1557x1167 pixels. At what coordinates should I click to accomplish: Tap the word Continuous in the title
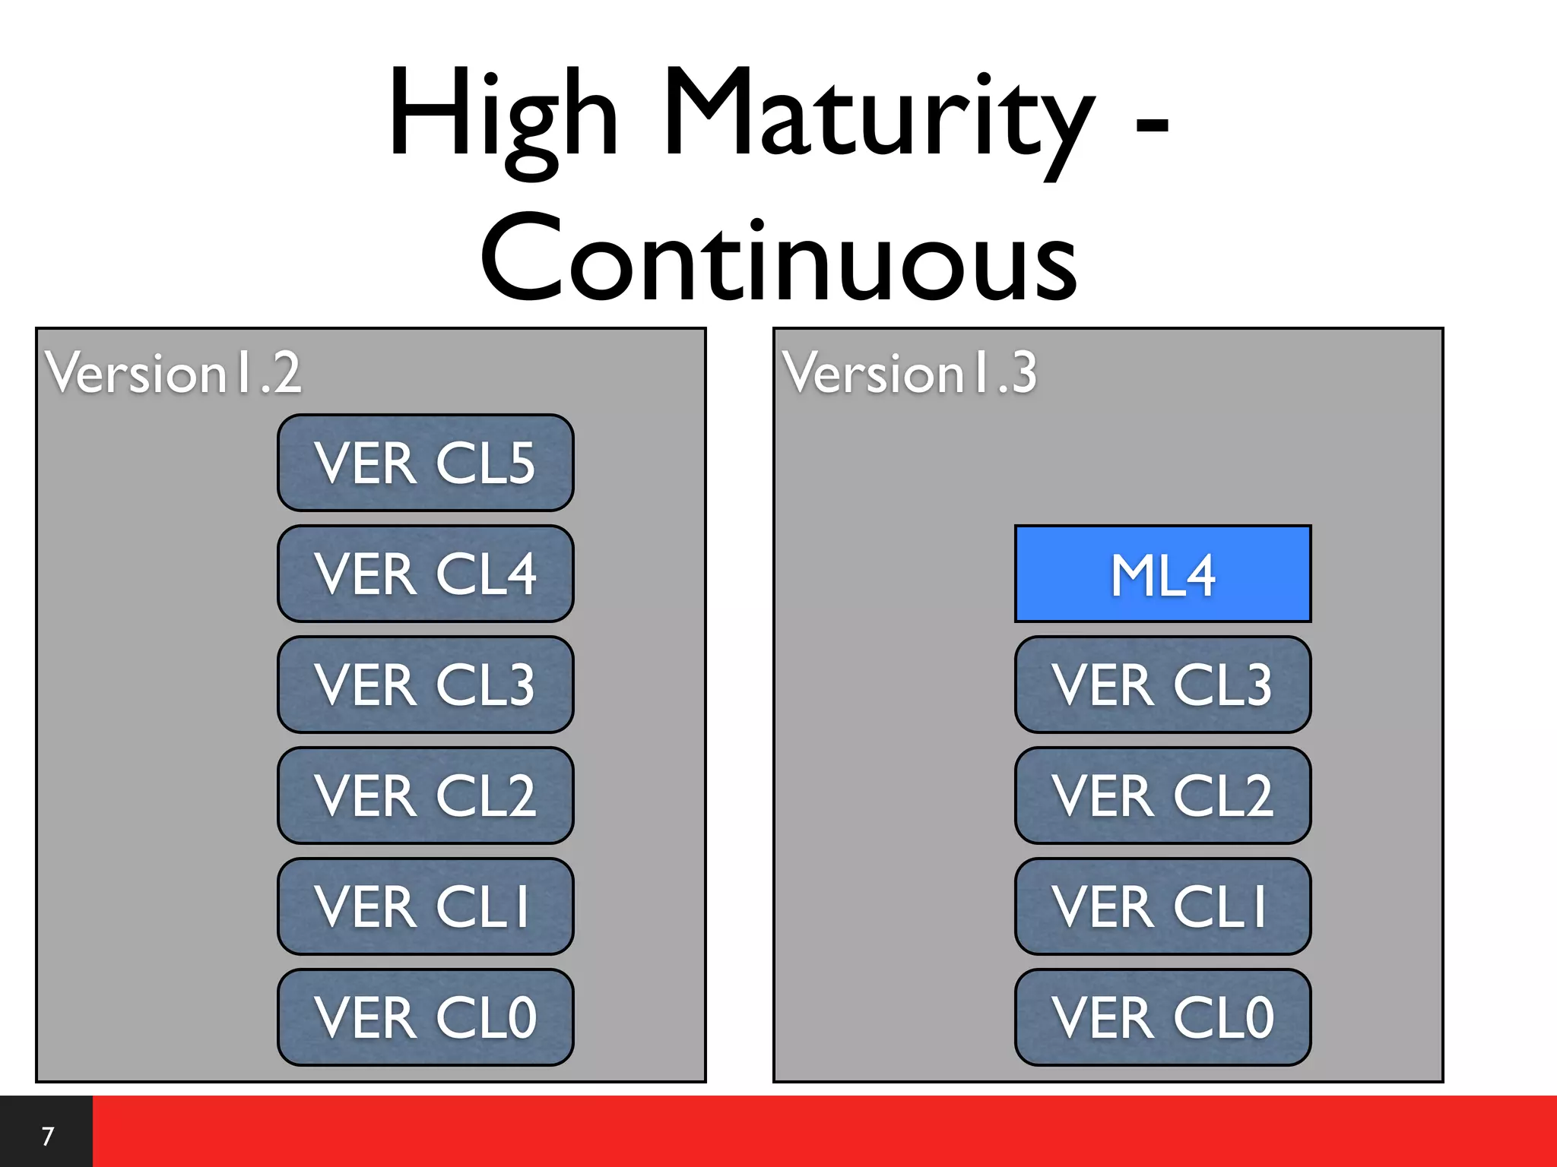point(778,258)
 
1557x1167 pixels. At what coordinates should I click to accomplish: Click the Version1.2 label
point(173,373)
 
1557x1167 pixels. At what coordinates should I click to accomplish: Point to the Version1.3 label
point(910,373)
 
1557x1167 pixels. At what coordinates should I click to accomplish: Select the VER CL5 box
point(425,463)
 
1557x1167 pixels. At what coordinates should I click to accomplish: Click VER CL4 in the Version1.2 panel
point(425,574)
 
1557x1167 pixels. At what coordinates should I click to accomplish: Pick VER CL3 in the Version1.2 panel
point(425,685)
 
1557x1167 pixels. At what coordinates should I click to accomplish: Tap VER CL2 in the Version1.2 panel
point(425,795)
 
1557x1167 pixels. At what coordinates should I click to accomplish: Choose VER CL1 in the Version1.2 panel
point(425,906)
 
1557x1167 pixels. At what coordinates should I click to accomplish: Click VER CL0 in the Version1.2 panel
point(425,1017)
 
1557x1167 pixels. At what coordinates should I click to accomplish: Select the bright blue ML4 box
point(1162,574)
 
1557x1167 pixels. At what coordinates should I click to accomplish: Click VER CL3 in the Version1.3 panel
point(1162,685)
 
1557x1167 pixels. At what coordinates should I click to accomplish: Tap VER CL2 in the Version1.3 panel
point(1162,795)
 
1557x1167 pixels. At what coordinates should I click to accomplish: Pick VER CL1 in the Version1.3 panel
point(1162,906)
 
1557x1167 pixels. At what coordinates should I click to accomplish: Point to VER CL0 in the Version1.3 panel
point(1162,1017)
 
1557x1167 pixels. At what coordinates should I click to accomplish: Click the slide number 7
point(48,1136)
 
